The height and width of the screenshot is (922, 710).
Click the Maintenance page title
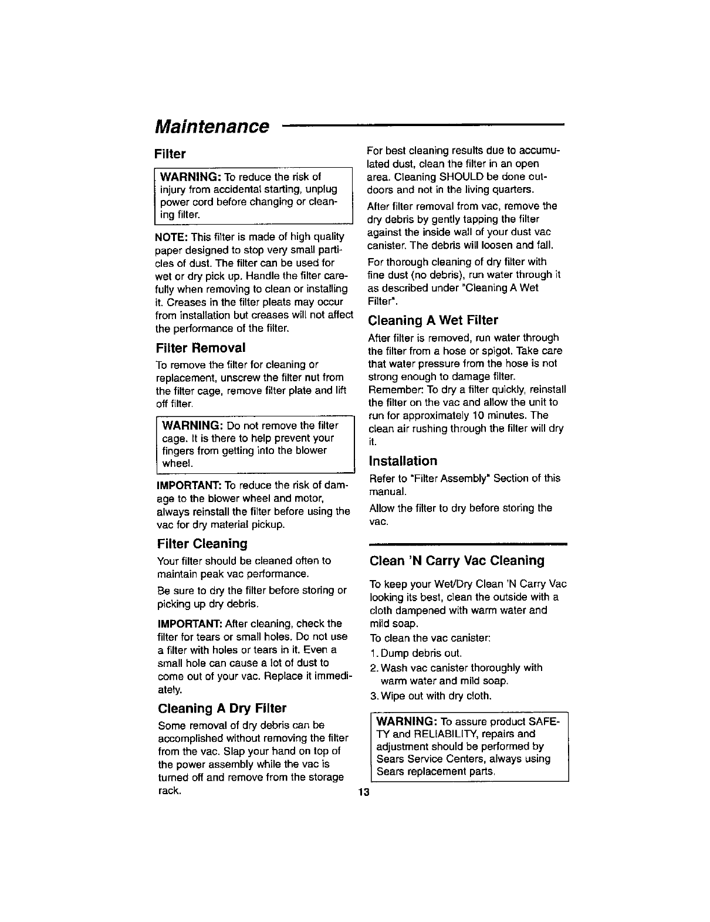(212, 126)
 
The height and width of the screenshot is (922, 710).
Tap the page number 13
(364, 793)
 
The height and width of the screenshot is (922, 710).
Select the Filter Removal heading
(200, 348)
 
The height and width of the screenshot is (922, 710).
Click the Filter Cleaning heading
(202, 544)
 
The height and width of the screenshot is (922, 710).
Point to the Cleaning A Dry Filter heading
(222, 708)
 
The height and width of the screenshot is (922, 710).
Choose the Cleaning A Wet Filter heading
(433, 320)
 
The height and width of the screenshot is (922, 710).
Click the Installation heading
(403, 461)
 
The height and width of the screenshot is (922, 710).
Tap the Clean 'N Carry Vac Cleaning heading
(457, 561)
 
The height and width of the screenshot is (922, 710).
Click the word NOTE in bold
(171, 237)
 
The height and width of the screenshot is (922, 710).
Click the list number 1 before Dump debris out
(373, 653)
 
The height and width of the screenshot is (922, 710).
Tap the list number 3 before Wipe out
(373, 696)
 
